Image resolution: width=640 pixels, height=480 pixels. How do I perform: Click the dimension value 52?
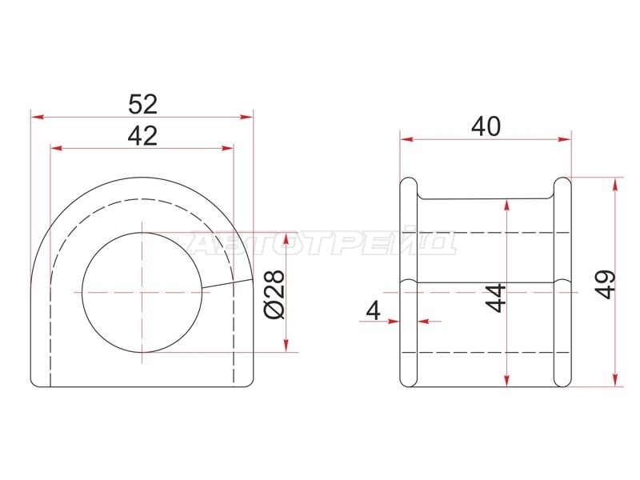(x=142, y=104)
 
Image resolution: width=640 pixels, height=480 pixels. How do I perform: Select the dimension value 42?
(x=142, y=136)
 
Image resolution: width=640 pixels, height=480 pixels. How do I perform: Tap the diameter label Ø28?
(x=274, y=294)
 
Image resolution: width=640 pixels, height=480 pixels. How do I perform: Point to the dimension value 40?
(x=486, y=126)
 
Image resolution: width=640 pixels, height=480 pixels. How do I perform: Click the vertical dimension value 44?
(x=496, y=298)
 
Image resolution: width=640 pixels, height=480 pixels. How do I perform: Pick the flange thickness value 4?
(x=374, y=310)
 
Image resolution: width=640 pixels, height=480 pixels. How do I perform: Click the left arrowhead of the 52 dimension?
(x=38, y=117)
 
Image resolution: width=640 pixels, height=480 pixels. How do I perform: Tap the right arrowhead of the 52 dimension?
(x=246, y=117)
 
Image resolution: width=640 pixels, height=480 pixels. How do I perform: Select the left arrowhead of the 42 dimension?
(x=56, y=148)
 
